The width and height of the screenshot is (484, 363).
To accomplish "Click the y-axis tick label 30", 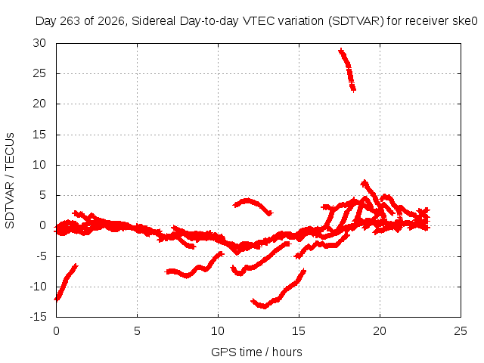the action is point(39,43).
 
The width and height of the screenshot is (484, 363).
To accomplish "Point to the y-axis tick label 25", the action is point(39,73).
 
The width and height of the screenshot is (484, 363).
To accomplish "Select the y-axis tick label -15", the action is point(38,317).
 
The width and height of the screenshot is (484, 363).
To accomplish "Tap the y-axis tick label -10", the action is point(38,287).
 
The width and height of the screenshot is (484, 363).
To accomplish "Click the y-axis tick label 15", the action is point(39,135).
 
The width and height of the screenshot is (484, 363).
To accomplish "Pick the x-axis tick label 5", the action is point(137,331).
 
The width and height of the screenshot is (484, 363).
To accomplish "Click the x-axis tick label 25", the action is point(461,331).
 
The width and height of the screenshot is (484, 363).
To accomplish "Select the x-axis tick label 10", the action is point(218,331).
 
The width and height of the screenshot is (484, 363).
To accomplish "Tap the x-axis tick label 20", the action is point(380,331).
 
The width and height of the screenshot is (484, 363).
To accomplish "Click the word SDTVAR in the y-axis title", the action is point(10,205).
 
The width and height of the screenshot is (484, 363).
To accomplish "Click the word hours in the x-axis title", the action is point(287,352).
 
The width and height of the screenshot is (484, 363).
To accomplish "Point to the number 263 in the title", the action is point(70,21).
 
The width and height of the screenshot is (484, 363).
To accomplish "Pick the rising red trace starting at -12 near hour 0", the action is point(65,282).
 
